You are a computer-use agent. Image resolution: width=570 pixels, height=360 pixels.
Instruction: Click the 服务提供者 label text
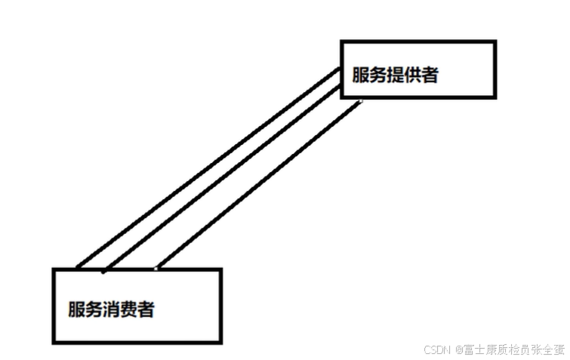pos(395,75)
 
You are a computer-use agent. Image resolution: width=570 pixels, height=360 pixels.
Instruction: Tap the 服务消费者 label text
pos(111,309)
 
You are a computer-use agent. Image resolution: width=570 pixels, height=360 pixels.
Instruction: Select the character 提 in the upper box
pos(395,75)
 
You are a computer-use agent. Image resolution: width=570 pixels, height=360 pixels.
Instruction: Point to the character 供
pos(412,75)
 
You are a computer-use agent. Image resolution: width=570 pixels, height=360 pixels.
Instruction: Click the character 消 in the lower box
pos(111,309)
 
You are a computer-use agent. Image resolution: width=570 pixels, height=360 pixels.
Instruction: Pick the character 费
pos(128,309)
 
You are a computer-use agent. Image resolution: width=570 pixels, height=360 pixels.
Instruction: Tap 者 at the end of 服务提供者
pos(430,75)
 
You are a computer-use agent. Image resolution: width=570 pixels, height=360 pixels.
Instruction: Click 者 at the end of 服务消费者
pos(146,309)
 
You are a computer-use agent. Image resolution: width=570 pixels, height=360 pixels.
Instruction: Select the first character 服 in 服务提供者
pos(360,75)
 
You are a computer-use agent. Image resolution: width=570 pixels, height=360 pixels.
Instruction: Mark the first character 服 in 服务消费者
pos(76,309)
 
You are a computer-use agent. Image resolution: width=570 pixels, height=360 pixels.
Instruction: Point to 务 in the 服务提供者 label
pos(377,75)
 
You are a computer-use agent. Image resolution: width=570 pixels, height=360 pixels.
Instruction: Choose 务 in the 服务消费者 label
pos(94,309)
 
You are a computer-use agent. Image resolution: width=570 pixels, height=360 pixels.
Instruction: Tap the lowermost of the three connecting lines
pos(257,185)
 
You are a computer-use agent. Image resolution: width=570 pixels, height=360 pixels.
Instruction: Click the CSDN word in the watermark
pos(437,350)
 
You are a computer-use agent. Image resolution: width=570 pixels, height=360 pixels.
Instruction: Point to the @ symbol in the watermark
pos(458,350)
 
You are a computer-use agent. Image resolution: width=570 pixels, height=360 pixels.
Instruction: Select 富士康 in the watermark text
pos(478,350)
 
